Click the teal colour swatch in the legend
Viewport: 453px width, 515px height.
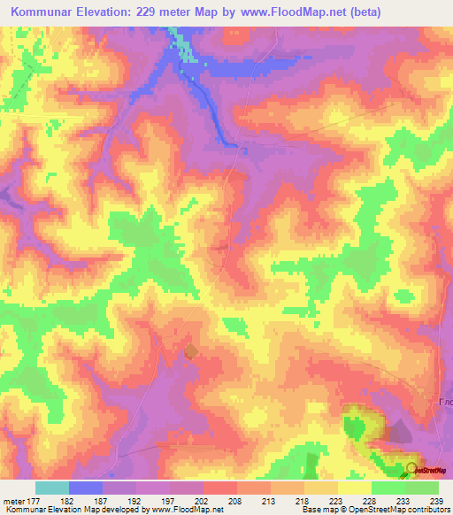(52, 488)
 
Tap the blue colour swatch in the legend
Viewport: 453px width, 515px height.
(86, 488)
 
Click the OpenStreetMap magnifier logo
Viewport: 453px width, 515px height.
(412, 469)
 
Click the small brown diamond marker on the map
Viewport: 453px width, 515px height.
(191, 352)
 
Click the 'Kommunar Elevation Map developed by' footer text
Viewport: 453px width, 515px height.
(62, 510)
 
